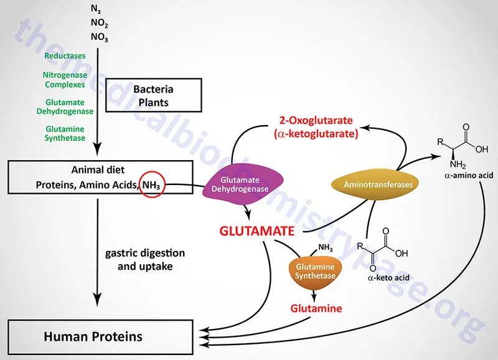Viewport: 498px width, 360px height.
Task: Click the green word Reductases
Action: click(65, 56)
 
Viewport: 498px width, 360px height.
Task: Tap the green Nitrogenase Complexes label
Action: click(65, 80)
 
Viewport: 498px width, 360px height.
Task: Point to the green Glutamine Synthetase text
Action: click(65, 133)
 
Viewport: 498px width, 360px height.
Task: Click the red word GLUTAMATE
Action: click(256, 231)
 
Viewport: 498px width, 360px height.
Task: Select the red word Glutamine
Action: click(317, 308)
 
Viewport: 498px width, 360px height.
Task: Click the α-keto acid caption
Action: click(388, 277)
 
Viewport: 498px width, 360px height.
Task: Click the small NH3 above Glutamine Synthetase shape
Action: click(325, 248)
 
